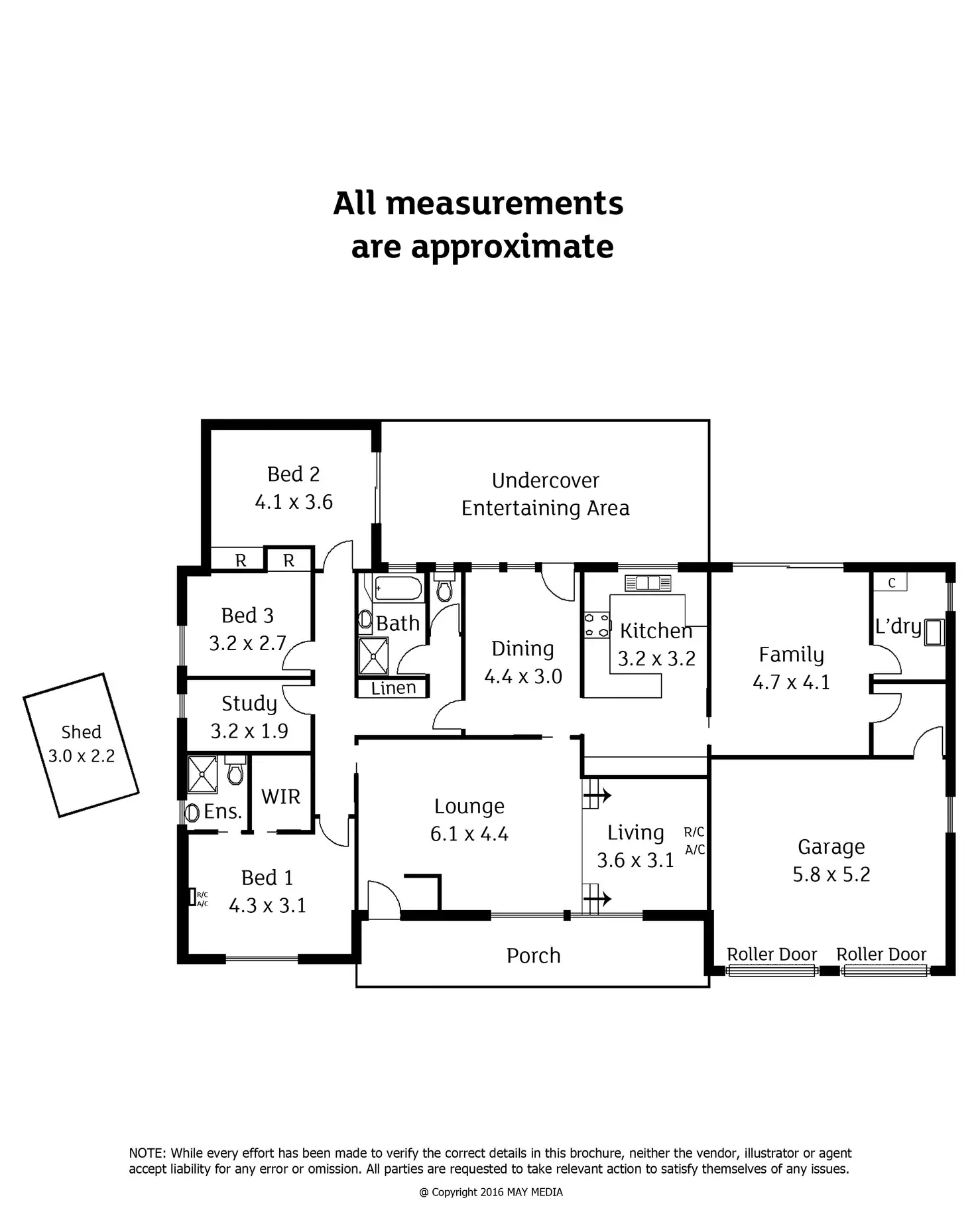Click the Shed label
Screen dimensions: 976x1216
pos(81,732)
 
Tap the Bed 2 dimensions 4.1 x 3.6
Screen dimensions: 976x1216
pos(294,502)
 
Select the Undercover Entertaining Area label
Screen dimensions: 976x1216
pos(545,494)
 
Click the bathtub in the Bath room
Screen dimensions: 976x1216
pos(398,588)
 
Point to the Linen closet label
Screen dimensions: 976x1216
pos(393,688)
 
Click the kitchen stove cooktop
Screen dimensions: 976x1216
pos(596,626)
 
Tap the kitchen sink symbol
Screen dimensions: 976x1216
pos(648,583)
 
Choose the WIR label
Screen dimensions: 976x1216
pos(280,796)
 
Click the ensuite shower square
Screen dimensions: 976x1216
pos(202,774)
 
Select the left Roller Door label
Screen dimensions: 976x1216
pos(772,954)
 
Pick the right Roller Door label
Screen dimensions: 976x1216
pos(881,954)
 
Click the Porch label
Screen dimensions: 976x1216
pos(534,955)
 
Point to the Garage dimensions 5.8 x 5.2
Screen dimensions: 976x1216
pos(831,874)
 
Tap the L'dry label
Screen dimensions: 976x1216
pos(898,626)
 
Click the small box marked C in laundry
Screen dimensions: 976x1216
pos(891,582)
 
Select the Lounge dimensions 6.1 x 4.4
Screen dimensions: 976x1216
pos(469,834)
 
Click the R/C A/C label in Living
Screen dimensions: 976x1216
pos(694,841)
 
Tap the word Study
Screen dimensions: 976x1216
pos(249,703)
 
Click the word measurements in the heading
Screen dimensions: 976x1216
pos(504,203)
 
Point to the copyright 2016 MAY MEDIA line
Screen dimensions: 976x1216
pos(491,1192)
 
